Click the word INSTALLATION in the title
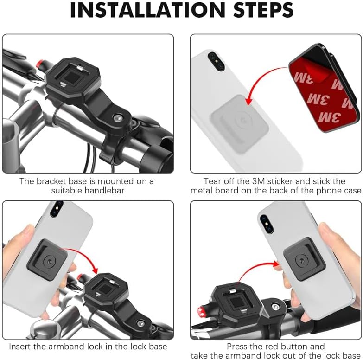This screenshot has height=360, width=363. point(148,10)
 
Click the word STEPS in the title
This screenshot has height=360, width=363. point(263,10)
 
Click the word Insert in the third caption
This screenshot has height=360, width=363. point(20,347)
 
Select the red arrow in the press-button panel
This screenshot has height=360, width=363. point(255,266)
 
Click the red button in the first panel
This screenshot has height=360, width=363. point(40,63)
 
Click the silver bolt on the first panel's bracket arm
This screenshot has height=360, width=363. point(118,118)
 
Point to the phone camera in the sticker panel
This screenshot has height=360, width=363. point(216,61)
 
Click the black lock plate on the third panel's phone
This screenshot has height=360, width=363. point(47,260)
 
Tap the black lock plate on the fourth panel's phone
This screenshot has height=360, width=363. point(304,259)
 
